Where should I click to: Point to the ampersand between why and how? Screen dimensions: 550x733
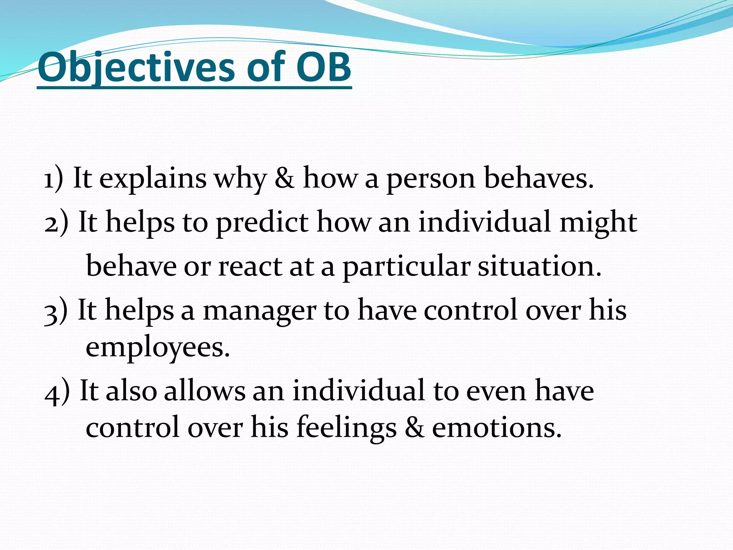click(x=285, y=178)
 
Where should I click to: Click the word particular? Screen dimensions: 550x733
click(x=406, y=267)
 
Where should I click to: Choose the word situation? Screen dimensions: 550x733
click(x=540, y=267)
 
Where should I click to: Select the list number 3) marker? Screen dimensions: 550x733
click(x=55, y=311)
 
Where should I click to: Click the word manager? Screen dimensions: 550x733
click(x=259, y=311)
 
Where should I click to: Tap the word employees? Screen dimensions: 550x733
click(x=157, y=348)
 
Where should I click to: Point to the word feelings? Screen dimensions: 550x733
click(x=346, y=428)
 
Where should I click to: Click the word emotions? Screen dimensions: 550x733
click(x=497, y=428)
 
